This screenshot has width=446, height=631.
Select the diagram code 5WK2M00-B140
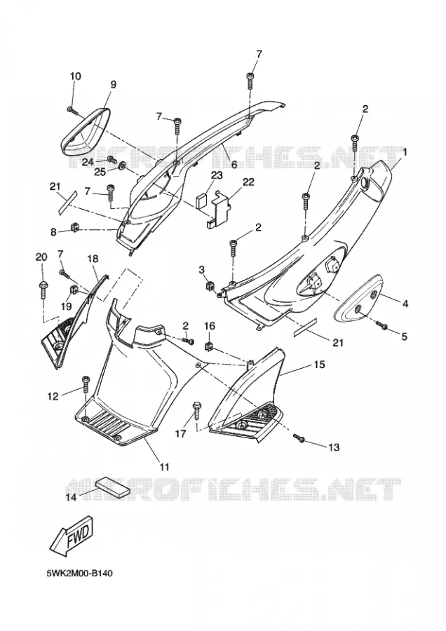pos(79,573)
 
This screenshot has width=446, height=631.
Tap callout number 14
pos(71,497)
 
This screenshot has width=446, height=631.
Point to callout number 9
pos(113,85)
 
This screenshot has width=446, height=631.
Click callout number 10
pos(75,76)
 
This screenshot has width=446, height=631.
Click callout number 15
pos(320,365)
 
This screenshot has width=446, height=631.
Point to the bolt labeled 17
pos(197,409)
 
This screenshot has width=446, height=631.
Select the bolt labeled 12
pos(86,384)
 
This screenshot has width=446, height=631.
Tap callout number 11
pos(164,467)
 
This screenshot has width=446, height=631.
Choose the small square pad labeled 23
pos(202,201)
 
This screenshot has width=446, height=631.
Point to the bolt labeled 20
pos(43,289)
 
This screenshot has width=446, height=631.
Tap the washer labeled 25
pos(122,165)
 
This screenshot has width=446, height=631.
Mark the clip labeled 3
pos(209,287)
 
